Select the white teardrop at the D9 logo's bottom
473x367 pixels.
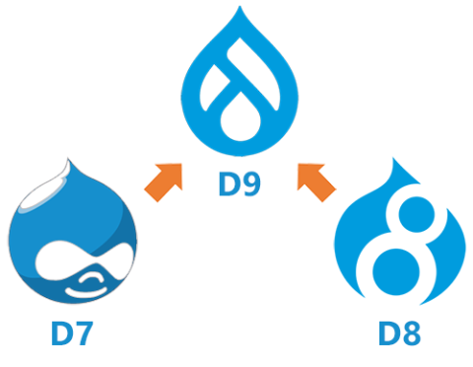coord(239,124)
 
